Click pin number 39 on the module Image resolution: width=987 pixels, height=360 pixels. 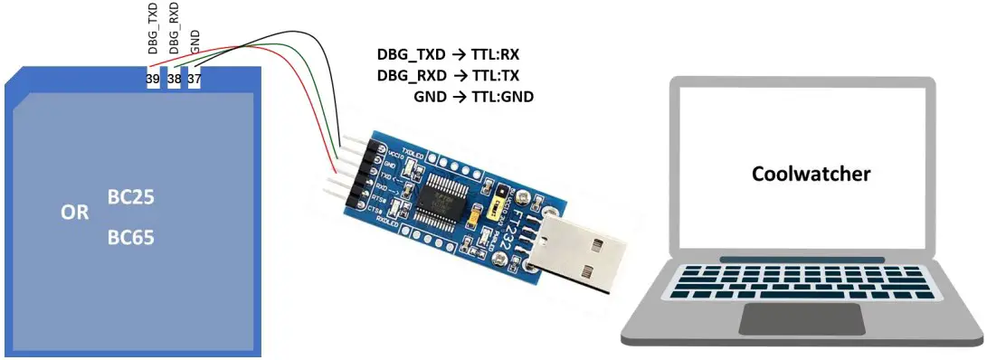152,81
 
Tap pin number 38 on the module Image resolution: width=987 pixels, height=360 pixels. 174,81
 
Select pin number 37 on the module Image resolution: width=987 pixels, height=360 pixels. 195,81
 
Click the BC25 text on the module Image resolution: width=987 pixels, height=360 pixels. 129,196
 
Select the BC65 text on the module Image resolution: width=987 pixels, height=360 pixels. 129,239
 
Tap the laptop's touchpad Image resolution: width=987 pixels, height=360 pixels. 801,317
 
